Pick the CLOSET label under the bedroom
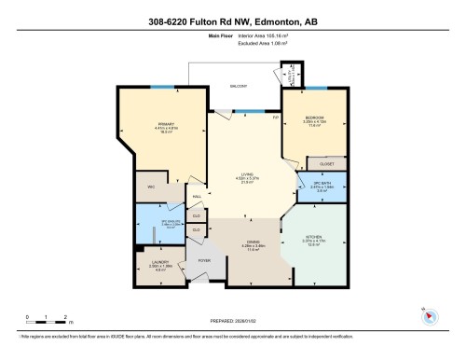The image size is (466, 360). (327, 163)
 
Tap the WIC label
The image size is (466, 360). (151, 187)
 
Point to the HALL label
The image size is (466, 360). (197, 197)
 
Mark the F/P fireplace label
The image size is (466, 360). (275, 117)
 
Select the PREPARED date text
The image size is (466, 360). (233, 318)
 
